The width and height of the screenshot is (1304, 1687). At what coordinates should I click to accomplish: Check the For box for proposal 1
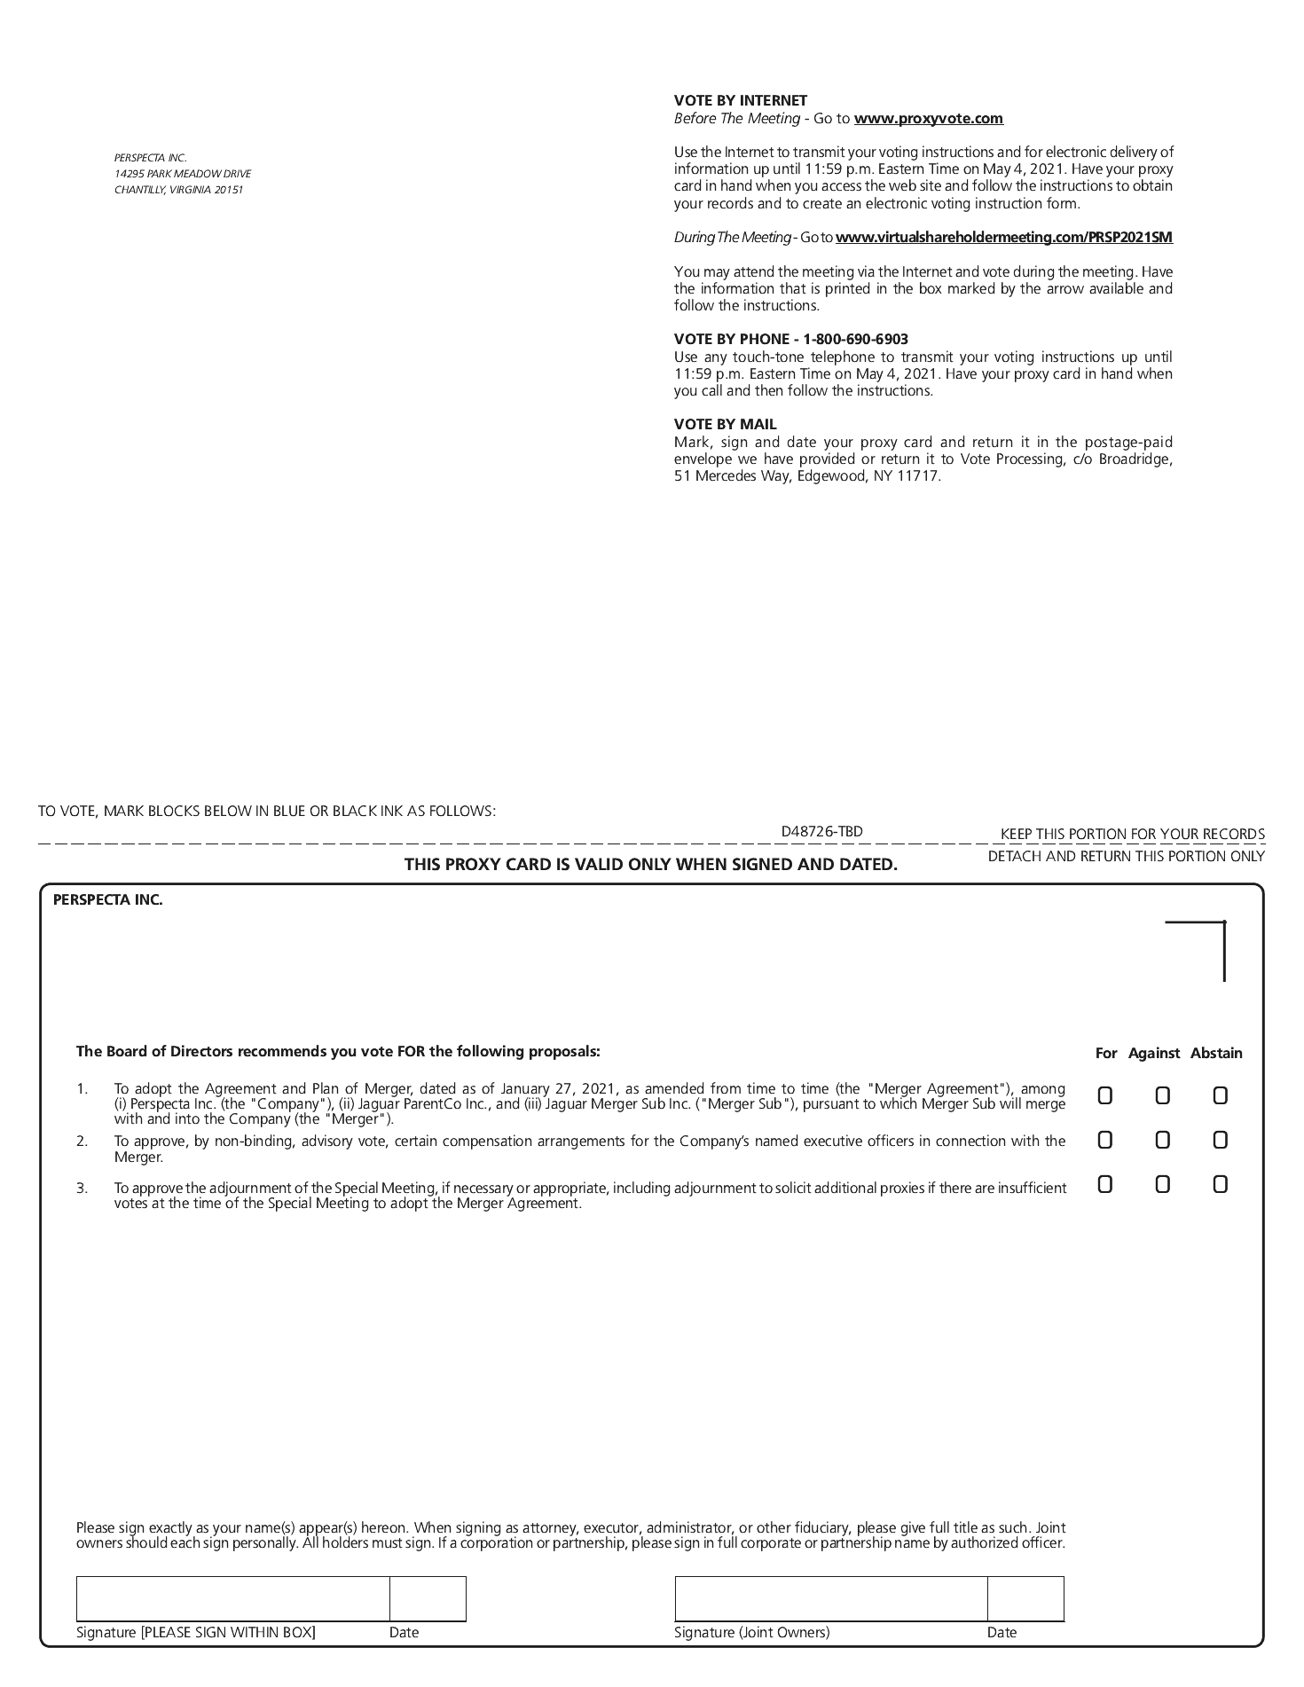(x=1104, y=1096)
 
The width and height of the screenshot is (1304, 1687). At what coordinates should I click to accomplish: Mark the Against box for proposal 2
(x=1162, y=1140)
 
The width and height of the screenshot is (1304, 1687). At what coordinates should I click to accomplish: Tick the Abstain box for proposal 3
(x=1220, y=1184)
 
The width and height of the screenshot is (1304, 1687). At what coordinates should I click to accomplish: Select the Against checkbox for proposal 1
(x=1162, y=1096)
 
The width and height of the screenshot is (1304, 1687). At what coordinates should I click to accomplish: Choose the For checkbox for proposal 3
(x=1104, y=1184)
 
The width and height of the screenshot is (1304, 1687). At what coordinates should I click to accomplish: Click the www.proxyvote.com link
(x=928, y=119)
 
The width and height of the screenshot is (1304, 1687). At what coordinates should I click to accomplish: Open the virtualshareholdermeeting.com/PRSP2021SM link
(x=1003, y=238)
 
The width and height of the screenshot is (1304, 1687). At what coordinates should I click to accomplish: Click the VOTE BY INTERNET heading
(x=740, y=101)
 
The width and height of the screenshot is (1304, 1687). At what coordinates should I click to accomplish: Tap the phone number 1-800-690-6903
(x=855, y=340)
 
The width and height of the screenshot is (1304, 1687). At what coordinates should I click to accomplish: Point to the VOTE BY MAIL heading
(x=725, y=425)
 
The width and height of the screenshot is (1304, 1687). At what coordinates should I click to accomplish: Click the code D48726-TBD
(x=821, y=832)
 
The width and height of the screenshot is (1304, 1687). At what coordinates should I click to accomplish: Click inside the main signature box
(x=232, y=1598)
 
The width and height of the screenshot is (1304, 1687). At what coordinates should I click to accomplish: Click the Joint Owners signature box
(x=830, y=1598)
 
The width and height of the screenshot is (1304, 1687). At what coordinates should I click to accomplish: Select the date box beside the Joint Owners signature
(x=1025, y=1598)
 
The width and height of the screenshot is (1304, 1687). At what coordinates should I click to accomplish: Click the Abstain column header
(x=1215, y=1054)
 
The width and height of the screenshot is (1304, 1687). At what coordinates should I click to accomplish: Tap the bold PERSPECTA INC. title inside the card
(x=108, y=900)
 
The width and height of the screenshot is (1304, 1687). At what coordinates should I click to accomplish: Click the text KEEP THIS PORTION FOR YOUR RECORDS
(x=1132, y=835)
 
